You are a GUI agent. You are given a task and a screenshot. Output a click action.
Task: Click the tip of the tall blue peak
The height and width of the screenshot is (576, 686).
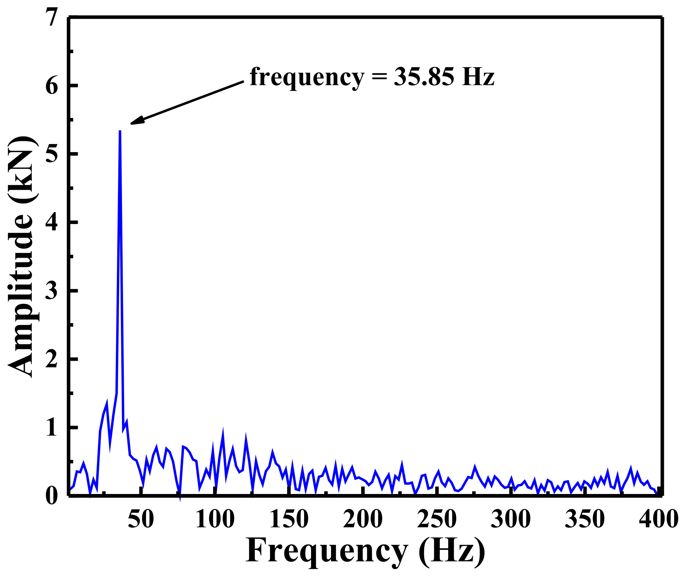120,131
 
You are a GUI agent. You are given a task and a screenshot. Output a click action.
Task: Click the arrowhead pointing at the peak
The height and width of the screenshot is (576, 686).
136,121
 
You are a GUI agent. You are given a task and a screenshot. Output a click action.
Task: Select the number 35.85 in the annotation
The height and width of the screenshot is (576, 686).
424,77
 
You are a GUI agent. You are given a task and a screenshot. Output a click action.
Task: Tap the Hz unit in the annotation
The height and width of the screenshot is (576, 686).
478,77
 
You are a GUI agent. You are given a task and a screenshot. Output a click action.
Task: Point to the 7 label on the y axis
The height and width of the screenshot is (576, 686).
52,17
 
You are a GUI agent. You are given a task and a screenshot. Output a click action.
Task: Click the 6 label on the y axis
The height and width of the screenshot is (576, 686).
52,86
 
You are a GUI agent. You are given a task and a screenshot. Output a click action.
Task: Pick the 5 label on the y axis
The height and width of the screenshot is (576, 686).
52,154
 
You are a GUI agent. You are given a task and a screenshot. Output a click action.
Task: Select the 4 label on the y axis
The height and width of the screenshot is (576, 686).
52,222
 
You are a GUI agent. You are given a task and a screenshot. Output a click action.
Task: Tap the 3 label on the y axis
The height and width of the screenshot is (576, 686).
52,290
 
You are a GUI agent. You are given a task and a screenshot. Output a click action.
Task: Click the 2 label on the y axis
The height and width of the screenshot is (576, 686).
52,359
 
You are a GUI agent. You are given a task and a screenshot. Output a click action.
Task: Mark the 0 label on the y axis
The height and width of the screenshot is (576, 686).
52,496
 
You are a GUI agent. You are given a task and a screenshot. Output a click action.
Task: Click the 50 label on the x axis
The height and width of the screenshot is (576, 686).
141,519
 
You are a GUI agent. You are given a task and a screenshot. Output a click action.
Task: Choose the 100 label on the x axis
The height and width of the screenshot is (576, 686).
215,519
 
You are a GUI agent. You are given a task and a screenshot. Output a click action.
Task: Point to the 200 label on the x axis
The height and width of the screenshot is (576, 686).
363,519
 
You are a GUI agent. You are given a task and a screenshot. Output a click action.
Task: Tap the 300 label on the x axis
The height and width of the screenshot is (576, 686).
510,519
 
